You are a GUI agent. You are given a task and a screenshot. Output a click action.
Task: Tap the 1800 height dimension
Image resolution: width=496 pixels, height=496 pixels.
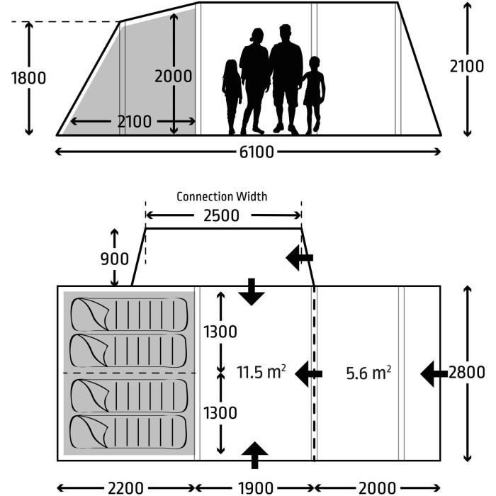(28, 77)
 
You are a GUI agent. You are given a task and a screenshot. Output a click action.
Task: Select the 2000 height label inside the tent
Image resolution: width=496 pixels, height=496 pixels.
(174, 77)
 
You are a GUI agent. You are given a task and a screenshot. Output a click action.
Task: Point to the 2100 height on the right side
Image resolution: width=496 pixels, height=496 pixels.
(467, 66)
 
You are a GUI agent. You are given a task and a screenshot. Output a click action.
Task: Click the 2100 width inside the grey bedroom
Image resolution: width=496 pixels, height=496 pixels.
(134, 122)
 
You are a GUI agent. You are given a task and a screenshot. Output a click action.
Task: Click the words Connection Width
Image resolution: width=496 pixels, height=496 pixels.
(222, 196)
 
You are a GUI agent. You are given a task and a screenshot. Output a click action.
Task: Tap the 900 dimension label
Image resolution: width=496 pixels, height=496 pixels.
(113, 259)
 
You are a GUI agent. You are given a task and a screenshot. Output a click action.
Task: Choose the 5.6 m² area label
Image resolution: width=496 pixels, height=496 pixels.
(368, 372)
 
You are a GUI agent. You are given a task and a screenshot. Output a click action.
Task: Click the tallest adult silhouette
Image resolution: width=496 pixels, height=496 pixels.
(286, 78)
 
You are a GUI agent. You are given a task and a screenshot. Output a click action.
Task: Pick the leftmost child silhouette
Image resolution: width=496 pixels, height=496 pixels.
(231, 96)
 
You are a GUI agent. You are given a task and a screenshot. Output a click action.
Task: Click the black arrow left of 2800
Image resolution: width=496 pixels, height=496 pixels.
(434, 373)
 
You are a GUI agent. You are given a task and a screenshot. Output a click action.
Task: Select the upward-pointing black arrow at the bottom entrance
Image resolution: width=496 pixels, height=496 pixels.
(255, 455)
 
